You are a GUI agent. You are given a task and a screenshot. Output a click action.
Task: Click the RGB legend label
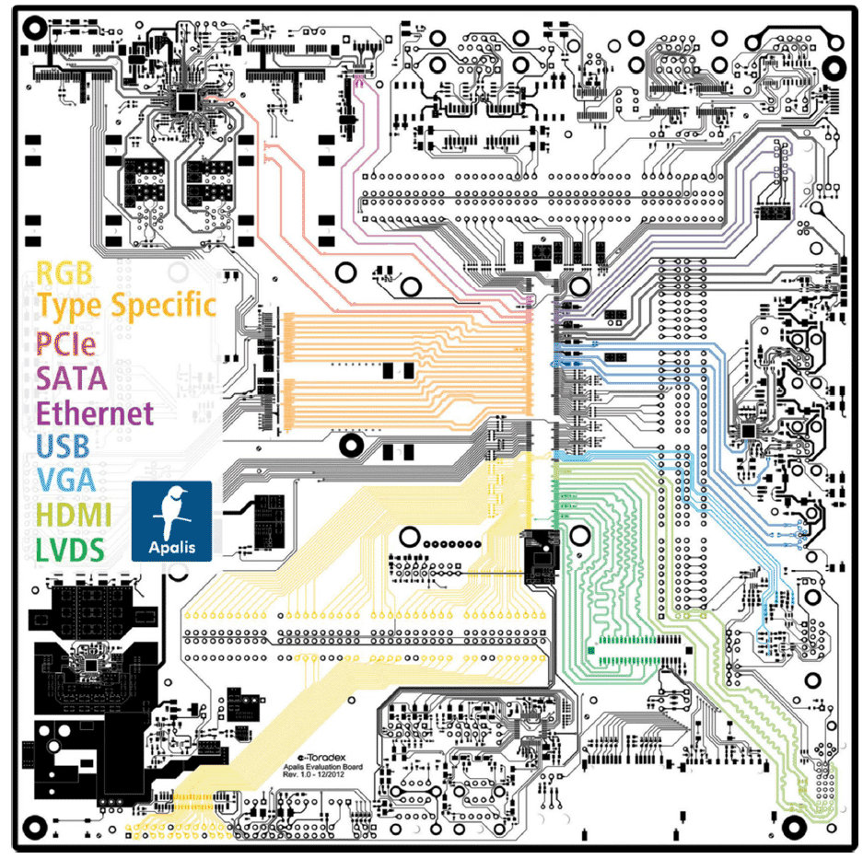click(x=64, y=273)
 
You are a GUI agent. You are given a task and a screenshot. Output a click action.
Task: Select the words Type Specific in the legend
click(x=126, y=306)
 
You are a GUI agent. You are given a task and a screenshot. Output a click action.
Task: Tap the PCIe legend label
click(x=66, y=343)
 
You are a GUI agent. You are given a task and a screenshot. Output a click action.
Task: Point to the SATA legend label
click(x=72, y=378)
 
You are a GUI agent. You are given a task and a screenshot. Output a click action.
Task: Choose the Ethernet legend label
click(x=95, y=412)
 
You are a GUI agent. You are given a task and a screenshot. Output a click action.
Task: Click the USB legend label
click(x=63, y=447)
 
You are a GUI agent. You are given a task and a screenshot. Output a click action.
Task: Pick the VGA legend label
click(x=66, y=480)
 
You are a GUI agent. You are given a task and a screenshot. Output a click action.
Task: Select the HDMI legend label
click(x=74, y=515)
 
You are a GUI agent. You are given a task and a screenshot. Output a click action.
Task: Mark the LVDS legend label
click(x=70, y=550)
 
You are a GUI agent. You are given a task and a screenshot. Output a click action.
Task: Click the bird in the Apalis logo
click(x=171, y=512)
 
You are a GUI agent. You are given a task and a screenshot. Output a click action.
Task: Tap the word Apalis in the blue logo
click(x=171, y=548)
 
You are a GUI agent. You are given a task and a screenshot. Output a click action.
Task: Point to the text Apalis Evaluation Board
click(x=322, y=767)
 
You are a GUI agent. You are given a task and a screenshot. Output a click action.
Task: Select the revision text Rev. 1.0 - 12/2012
click(x=313, y=774)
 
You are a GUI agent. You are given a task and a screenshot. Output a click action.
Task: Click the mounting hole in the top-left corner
click(x=35, y=28)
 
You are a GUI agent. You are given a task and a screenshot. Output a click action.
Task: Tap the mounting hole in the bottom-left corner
click(x=35, y=827)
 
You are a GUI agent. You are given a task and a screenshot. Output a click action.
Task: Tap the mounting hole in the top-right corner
click(x=834, y=68)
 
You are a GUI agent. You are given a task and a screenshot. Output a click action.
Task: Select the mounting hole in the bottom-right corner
click(x=794, y=827)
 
